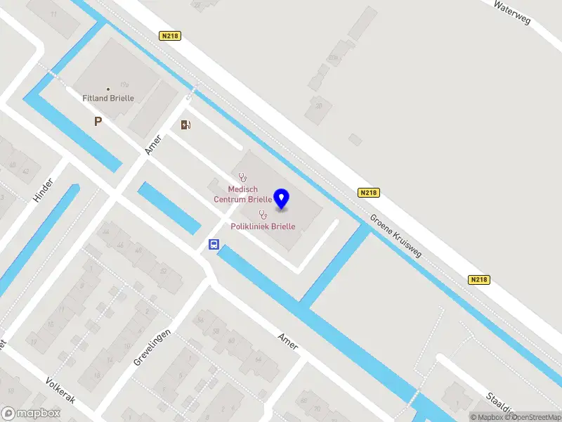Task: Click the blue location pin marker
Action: click(282, 199)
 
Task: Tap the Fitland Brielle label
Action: click(108, 98)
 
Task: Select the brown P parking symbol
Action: click(98, 122)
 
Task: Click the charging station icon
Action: click(185, 125)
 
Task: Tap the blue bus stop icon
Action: click(214, 245)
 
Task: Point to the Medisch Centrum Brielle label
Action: click(243, 194)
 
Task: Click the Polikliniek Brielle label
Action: click(263, 226)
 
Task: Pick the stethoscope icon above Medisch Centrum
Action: click(242, 178)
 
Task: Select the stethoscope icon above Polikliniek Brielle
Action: click(263, 215)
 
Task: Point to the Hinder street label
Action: click(44, 190)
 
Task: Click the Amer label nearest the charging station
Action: click(153, 145)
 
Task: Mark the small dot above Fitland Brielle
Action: click(108, 89)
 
